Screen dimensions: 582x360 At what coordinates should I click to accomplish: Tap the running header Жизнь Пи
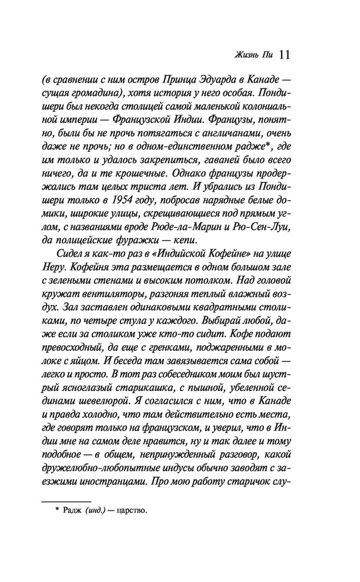[254, 55]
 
